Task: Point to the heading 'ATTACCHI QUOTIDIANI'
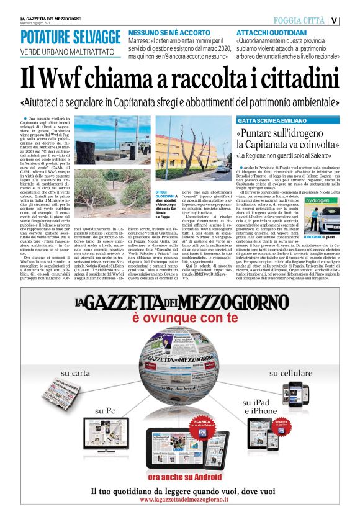click(x=271, y=32)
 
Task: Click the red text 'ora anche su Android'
click(x=180, y=477)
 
